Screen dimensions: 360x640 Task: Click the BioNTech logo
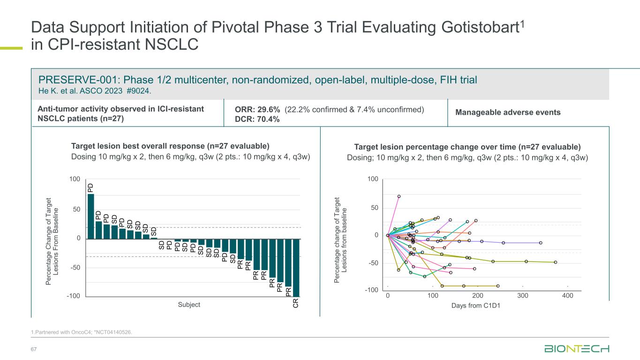coord(576,349)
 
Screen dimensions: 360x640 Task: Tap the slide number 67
coord(34,349)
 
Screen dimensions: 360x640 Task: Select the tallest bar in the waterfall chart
coord(91,216)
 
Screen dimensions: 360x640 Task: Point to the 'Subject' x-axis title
coord(189,305)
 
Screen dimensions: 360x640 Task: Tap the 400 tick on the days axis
coord(568,296)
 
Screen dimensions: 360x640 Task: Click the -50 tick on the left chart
coord(75,268)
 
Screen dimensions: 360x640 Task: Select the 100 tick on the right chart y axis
coord(372,180)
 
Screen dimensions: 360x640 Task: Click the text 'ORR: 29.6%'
coord(257,109)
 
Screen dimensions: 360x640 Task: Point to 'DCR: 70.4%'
coord(257,120)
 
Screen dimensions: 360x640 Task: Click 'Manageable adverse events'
coord(508,112)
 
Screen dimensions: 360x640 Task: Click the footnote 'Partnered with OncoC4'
coord(60,332)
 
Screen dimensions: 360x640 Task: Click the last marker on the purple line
coord(541,243)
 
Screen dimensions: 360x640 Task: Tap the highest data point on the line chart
coord(399,196)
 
